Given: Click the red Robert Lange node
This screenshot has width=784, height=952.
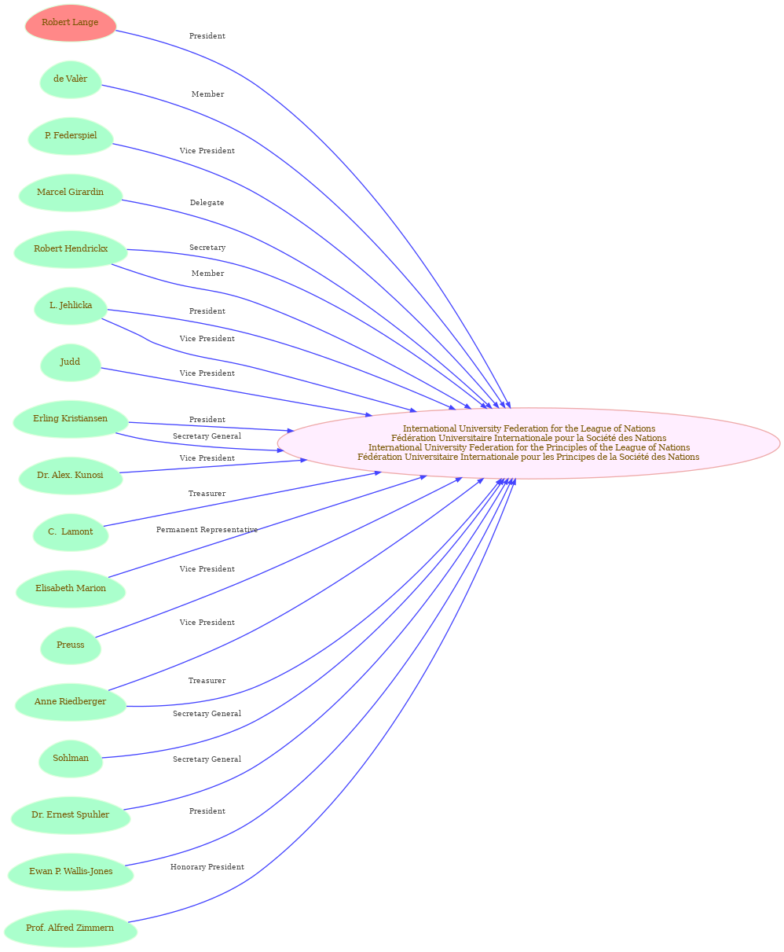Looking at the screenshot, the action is point(71,23).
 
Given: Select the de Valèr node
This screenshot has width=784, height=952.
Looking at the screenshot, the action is point(71,79).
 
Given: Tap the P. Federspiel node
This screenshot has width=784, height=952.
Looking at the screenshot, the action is point(71,136).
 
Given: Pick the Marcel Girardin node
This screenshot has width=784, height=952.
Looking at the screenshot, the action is point(71,193).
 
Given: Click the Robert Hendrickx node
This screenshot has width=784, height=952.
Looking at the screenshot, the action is point(71,249).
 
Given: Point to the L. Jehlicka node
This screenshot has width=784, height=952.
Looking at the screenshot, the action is point(71,306).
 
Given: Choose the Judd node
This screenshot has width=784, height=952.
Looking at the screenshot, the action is point(71,362).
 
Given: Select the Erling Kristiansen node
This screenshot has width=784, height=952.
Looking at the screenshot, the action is point(71,418).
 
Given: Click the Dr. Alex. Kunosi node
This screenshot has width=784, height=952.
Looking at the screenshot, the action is point(71,475).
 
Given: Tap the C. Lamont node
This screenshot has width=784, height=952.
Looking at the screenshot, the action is point(71,531).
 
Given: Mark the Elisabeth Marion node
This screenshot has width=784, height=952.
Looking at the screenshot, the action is point(71,588).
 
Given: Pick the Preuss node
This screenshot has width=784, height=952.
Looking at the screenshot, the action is point(71,645).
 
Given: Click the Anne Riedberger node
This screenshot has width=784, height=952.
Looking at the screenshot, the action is point(71,701).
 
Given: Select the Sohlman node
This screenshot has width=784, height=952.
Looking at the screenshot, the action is point(71,758).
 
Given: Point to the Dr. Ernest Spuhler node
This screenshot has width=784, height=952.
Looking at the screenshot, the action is point(71,814).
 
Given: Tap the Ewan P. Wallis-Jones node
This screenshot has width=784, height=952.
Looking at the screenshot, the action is point(71,871).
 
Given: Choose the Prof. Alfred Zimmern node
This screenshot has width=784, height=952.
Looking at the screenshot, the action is point(71,928).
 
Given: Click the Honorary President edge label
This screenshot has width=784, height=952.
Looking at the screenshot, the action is point(207,867).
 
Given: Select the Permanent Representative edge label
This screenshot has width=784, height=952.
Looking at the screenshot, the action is point(207,529).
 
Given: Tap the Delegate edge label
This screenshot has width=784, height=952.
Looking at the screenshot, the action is point(207,203).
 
